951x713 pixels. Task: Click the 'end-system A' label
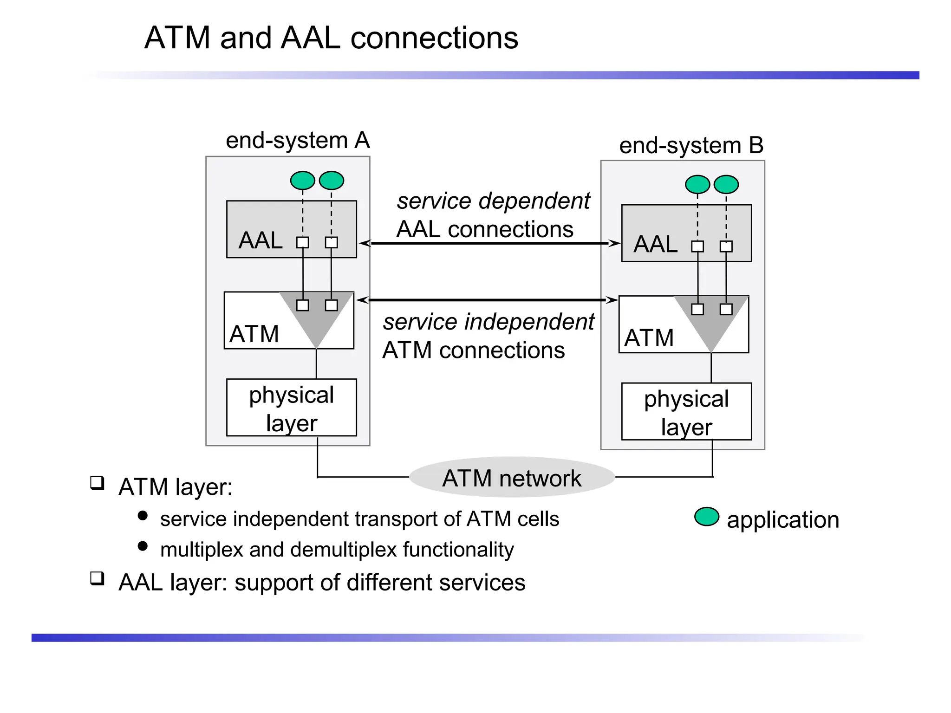tap(297, 140)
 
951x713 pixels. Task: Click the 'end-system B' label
tap(691, 145)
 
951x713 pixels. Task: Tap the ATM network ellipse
tap(512, 478)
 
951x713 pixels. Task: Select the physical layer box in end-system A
tap(291, 408)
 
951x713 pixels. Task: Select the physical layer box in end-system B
tap(686, 412)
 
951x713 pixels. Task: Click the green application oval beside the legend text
tap(706, 517)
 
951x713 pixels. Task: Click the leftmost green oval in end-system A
tap(302, 180)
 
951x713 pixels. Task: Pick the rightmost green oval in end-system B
tap(726, 184)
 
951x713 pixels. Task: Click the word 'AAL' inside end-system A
tap(260, 240)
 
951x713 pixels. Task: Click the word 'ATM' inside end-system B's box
tap(649, 337)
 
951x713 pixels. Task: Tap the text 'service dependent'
tap(493, 201)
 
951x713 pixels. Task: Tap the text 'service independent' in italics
tap(488, 322)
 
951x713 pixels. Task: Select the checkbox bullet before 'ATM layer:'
tap(97, 483)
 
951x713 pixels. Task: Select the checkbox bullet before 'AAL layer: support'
tap(97, 578)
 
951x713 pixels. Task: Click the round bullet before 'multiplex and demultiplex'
tap(143, 546)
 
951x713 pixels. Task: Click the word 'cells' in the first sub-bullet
tap(538, 519)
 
